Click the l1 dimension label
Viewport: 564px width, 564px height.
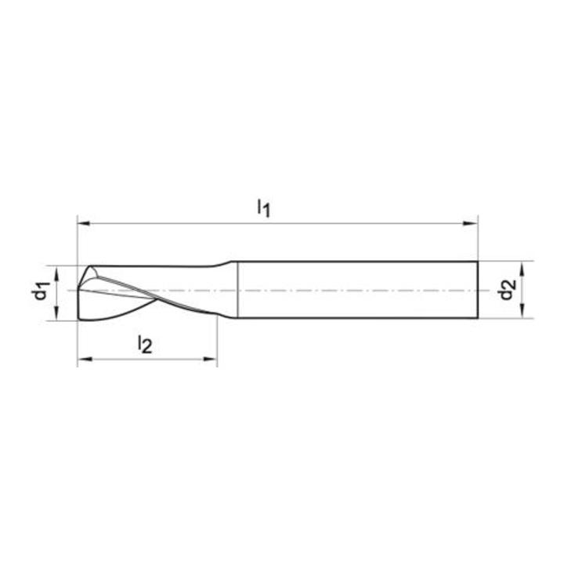[x=264, y=208]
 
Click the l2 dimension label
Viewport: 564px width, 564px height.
[x=146, y=344]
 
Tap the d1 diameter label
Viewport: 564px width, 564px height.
[x=41, y=291]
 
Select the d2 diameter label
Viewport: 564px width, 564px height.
[x=507, y=290]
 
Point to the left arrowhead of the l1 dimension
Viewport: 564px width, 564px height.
[x=84, y=223]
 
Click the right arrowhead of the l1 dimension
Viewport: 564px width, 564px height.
[x=472, y=223]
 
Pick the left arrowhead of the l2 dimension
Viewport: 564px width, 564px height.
[x=84, y=359]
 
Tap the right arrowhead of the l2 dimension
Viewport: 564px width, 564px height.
[x=211, y=359]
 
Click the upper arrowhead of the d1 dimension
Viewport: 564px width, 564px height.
[x=56, y=273]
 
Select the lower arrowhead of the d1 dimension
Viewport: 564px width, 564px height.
[x=56, y=313]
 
